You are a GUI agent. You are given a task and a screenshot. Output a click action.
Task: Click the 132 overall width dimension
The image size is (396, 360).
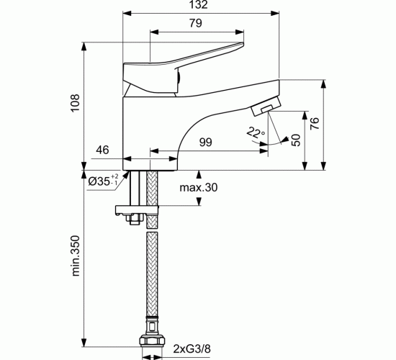(199, 4)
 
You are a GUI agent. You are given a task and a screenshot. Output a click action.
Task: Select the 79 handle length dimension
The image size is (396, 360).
(196, 23)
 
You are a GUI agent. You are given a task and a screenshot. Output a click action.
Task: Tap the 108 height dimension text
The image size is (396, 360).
(75, 103)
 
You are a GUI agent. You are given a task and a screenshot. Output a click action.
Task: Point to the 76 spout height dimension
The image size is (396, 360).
(315, 123)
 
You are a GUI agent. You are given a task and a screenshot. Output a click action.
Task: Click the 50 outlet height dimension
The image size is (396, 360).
(296, 140)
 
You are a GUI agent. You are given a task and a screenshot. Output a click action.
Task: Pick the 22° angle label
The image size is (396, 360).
(256, 132)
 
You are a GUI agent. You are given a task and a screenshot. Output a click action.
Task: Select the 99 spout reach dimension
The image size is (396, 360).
(206, 143)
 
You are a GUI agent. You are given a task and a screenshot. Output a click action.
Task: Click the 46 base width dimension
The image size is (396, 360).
(102, 150)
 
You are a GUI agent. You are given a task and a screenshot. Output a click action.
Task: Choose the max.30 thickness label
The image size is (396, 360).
(198, 187)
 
